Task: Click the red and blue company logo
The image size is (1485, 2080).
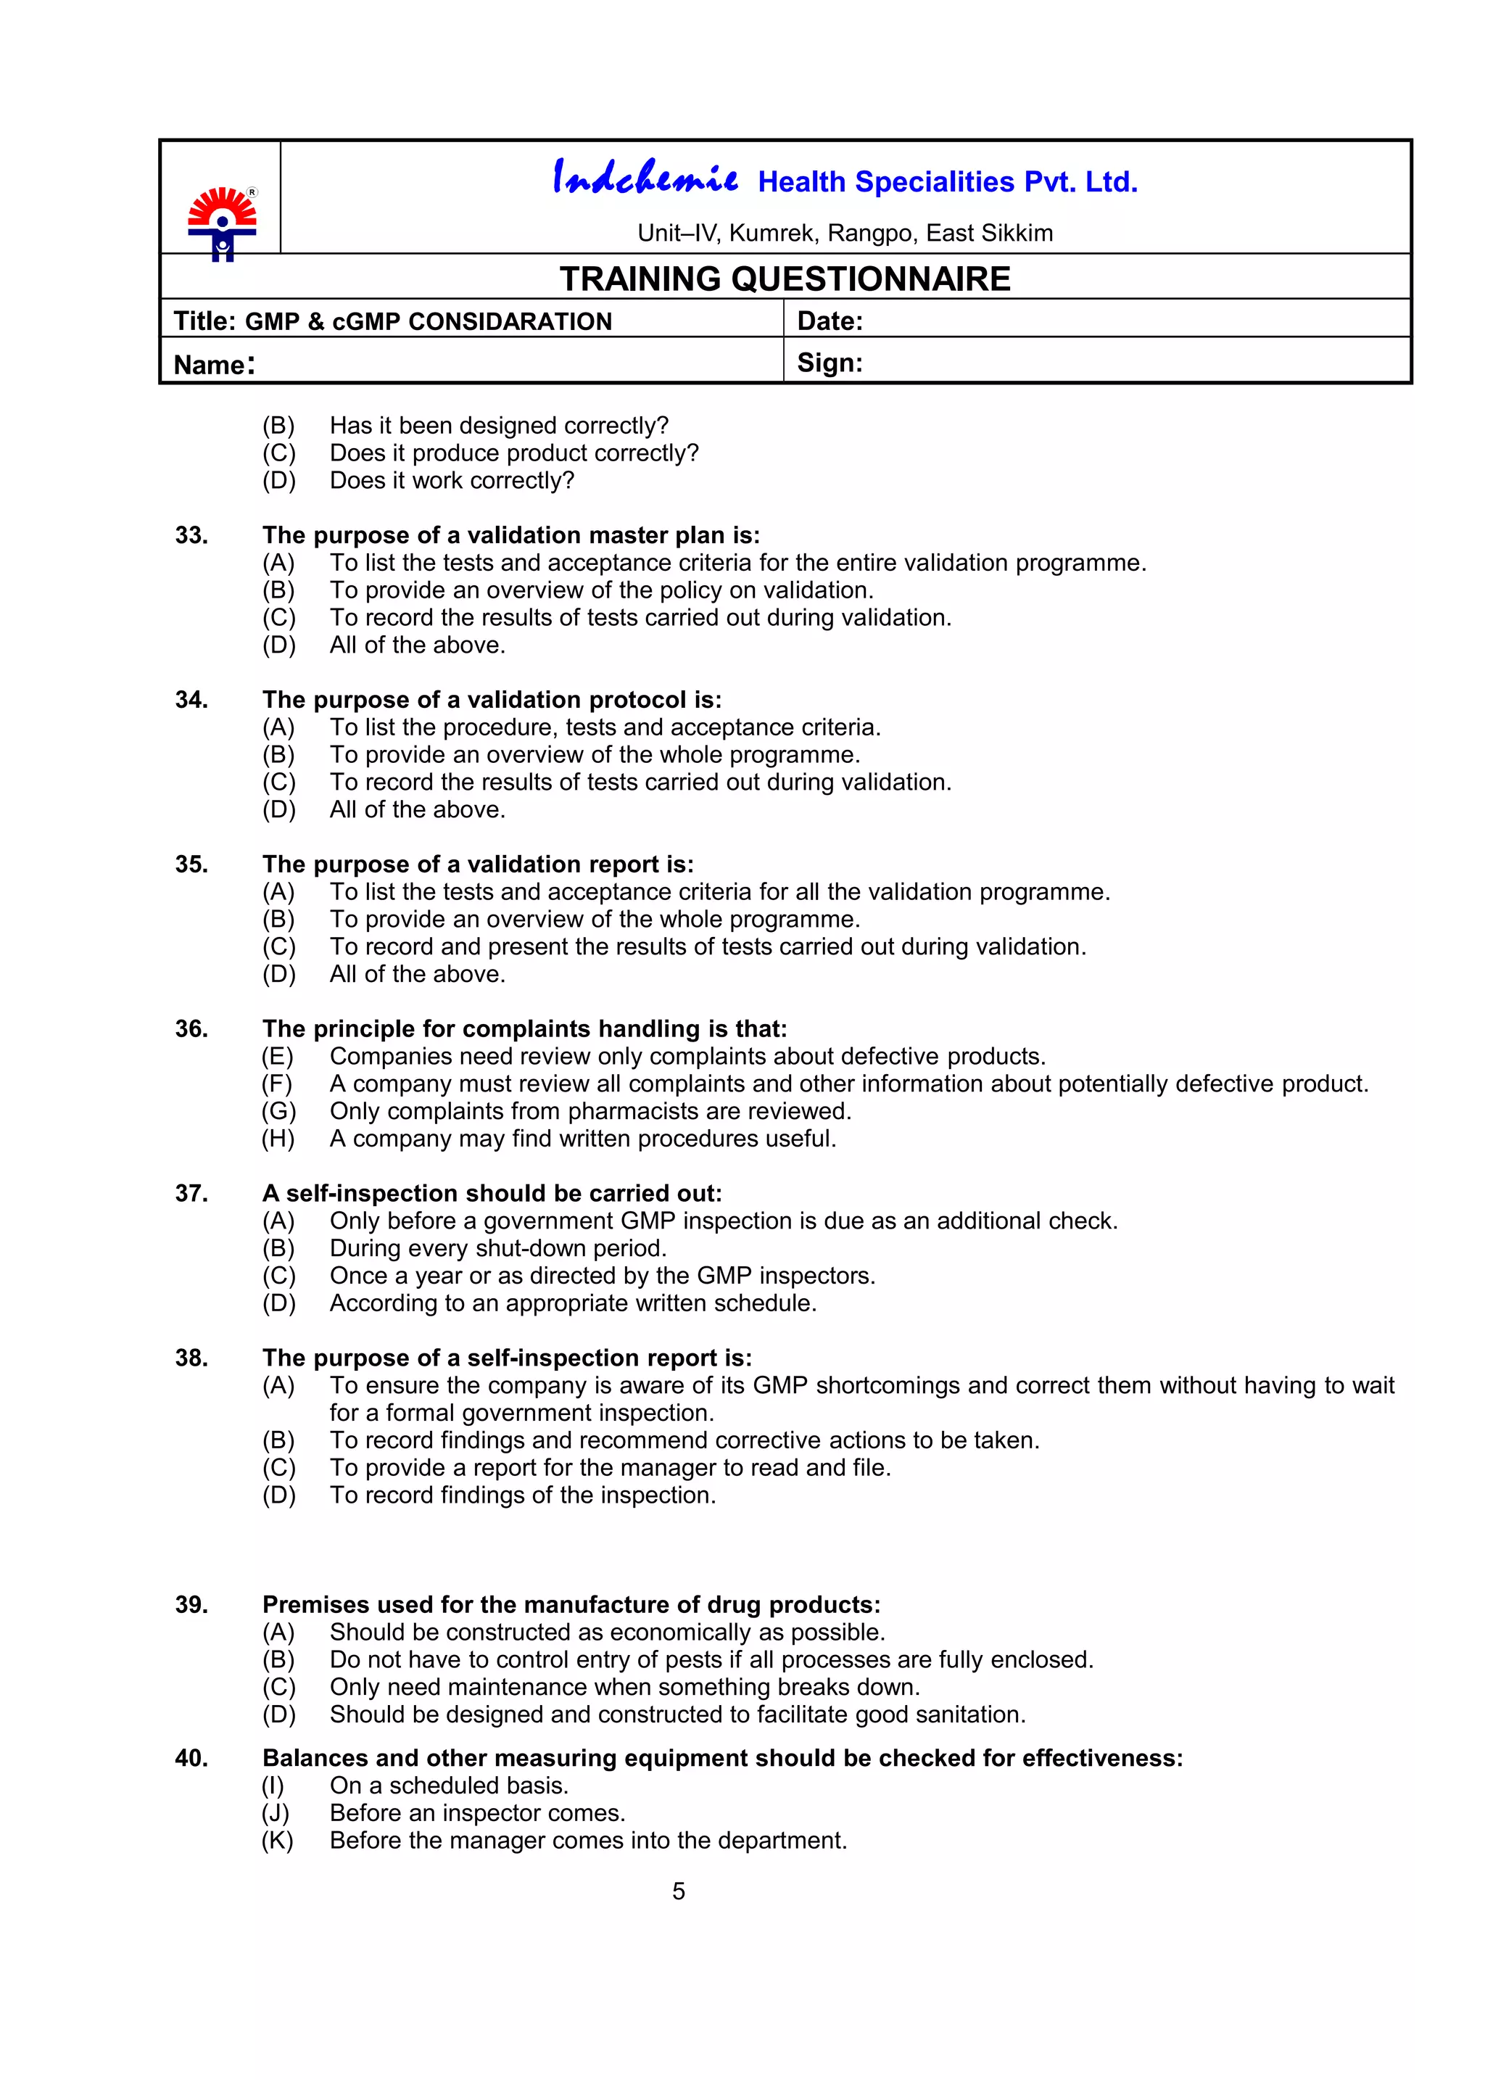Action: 222,224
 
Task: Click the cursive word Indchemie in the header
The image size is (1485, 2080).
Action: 645,178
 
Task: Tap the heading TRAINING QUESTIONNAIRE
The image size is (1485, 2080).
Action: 785,279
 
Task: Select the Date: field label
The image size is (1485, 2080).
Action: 830,321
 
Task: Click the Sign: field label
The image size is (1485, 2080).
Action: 830,363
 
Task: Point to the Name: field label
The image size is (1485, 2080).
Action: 214,365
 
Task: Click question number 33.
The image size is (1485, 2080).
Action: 191,535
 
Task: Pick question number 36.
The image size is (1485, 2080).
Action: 191,1029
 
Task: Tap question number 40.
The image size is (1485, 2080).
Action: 191,1758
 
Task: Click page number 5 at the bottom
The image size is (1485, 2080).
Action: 679,1891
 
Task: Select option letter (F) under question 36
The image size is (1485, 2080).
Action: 277,1084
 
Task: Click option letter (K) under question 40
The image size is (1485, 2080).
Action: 277,1841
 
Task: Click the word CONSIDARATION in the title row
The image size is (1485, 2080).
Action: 509,322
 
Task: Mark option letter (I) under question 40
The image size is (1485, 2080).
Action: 273,1786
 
